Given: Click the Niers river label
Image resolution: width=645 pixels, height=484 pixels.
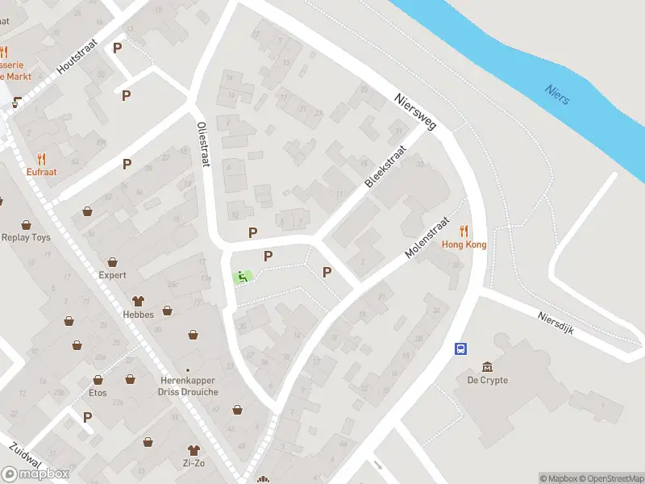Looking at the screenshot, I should tap(556, 94).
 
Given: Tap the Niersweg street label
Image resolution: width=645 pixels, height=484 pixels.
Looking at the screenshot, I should tap(414, 112).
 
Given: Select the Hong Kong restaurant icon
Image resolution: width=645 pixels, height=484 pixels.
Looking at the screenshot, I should tap(464, 231).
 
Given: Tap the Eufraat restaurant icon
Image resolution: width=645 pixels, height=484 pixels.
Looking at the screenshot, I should tap(41, 159).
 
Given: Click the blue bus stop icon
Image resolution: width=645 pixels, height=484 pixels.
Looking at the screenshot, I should tap(460, 348).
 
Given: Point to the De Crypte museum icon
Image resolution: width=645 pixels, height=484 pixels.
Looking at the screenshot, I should tap(487, 367).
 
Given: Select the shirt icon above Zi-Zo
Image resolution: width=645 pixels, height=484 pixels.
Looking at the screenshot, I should tap(193, 449).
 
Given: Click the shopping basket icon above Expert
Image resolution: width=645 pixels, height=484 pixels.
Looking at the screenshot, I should tap(113, 261).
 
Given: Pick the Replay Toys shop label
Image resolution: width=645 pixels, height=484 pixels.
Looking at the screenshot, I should tap(26, 238).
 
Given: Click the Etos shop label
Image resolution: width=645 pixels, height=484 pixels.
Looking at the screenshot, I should tap(98, 393).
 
